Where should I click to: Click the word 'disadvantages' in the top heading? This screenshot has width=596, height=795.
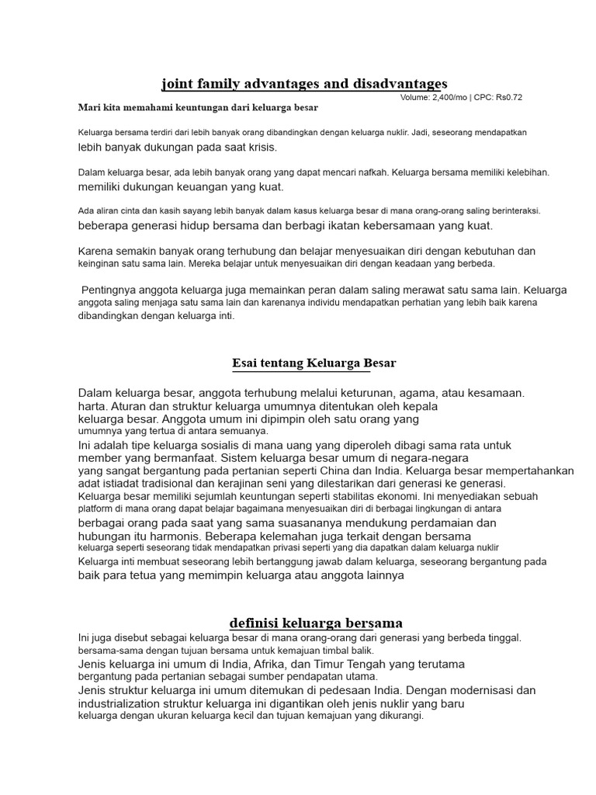tap(400, 83)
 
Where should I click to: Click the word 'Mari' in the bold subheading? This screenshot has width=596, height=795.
tap(88, 107)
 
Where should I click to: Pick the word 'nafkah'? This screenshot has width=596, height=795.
tap(372, 172)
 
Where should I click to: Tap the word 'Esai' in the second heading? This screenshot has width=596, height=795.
tap(244, 363)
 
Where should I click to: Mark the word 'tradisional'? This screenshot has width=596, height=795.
tap(159, 484)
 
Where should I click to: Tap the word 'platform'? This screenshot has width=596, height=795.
tap(96, 509)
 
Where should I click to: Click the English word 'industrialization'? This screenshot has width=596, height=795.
tap(125, 703)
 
